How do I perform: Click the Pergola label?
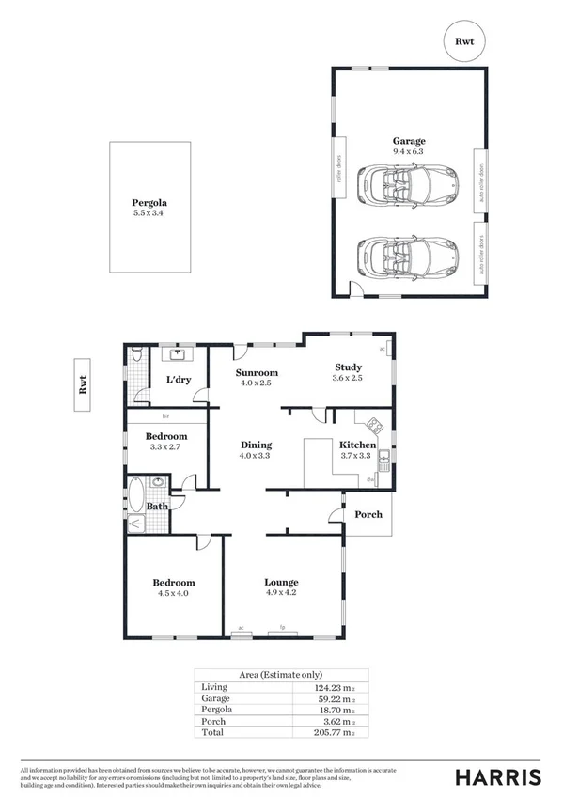click(149, 202)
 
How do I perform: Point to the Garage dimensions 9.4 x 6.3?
click(408, 150)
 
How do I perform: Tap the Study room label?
click(349, 367)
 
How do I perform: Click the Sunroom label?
click(256, 372)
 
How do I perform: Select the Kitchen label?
click(357, 445)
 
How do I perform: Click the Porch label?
click(368, 514)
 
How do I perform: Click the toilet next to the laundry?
click(137, 354)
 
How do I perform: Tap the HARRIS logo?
click(498, 776)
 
